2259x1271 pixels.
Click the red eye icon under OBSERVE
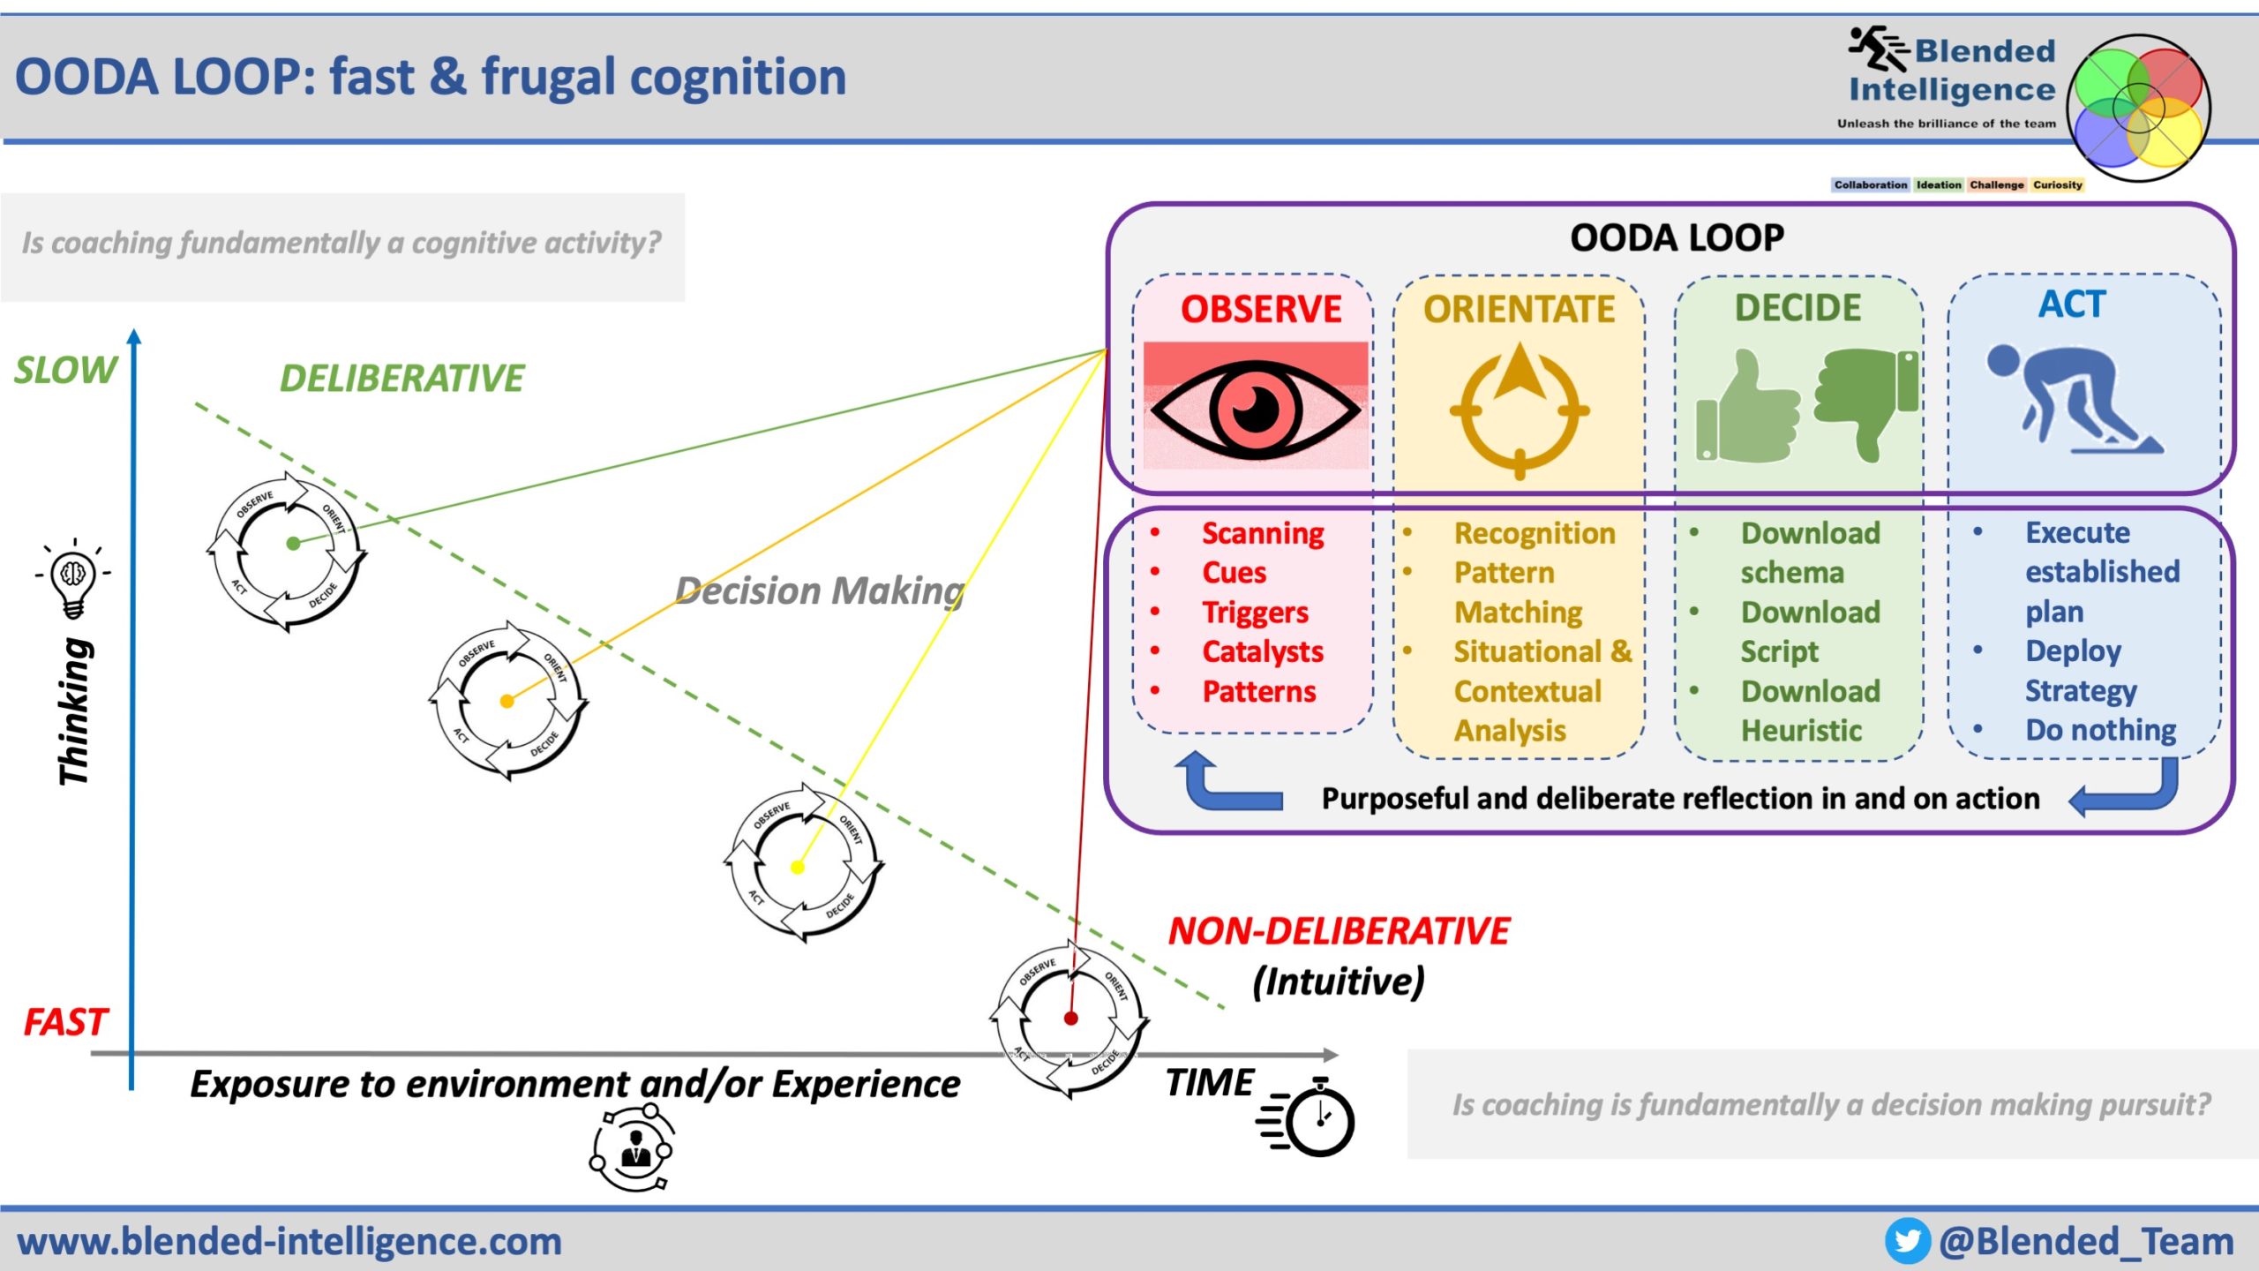(x=1255, y=408)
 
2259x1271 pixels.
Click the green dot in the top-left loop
(x=294, y=544)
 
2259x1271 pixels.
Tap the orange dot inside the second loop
(x=507, y=701)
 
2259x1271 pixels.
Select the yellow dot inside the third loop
(x=798, y=867)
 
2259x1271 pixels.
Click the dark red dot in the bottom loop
(x=1071, y=1019)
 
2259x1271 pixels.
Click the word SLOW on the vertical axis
(x=65, y=370)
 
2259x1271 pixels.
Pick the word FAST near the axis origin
(x=65, y=1022)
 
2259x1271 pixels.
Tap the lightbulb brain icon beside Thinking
(x=73, y=579)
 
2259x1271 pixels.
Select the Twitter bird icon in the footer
(x=1907, y=1241)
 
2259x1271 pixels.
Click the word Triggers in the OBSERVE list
(x=1255, y=612)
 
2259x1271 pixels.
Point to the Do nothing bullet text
(x=2100, y=730)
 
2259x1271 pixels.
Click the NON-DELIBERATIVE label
(x=1339, y=932)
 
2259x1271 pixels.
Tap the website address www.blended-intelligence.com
(x=289, y=1241)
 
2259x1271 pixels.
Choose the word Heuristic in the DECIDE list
(x=1801, y=730)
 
